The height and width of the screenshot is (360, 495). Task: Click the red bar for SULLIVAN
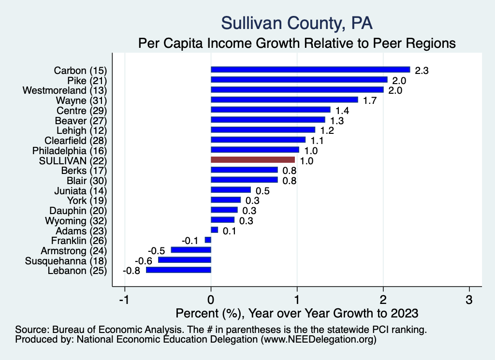click(253, 160)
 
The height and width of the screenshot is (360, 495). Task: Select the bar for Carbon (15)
click(310, 70)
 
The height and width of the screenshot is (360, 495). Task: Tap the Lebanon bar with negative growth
click(179, 270)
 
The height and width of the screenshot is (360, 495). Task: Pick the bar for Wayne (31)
click(284, 100)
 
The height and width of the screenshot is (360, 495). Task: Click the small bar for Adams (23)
click(215, 230)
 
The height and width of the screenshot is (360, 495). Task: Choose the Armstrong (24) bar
click(191, 250)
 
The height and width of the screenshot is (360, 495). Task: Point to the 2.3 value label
click(422, 71)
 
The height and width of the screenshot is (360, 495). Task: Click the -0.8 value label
click(131, 271)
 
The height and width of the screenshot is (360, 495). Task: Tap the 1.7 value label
click(370, 101)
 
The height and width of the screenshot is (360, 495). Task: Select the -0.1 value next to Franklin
click(190, 240)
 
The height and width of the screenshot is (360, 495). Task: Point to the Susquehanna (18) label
click(65, 260)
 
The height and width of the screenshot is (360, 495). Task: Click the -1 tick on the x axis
click(124, 300)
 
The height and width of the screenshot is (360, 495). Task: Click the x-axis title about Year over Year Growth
click(296, 313)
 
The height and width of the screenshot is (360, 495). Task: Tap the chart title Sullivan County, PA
click(296, 23)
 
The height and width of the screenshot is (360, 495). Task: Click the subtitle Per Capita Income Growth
click(297, 43)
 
